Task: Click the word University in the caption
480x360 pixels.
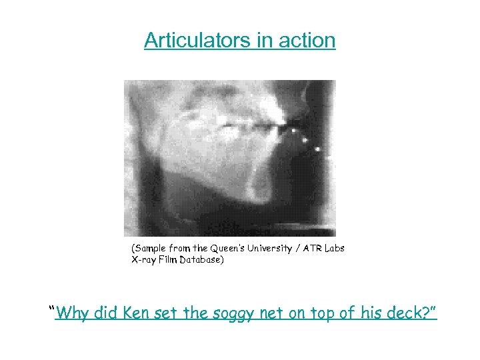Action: [270, 249]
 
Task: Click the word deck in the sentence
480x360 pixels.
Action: [410, 312]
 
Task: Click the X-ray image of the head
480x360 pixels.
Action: [229, 158]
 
